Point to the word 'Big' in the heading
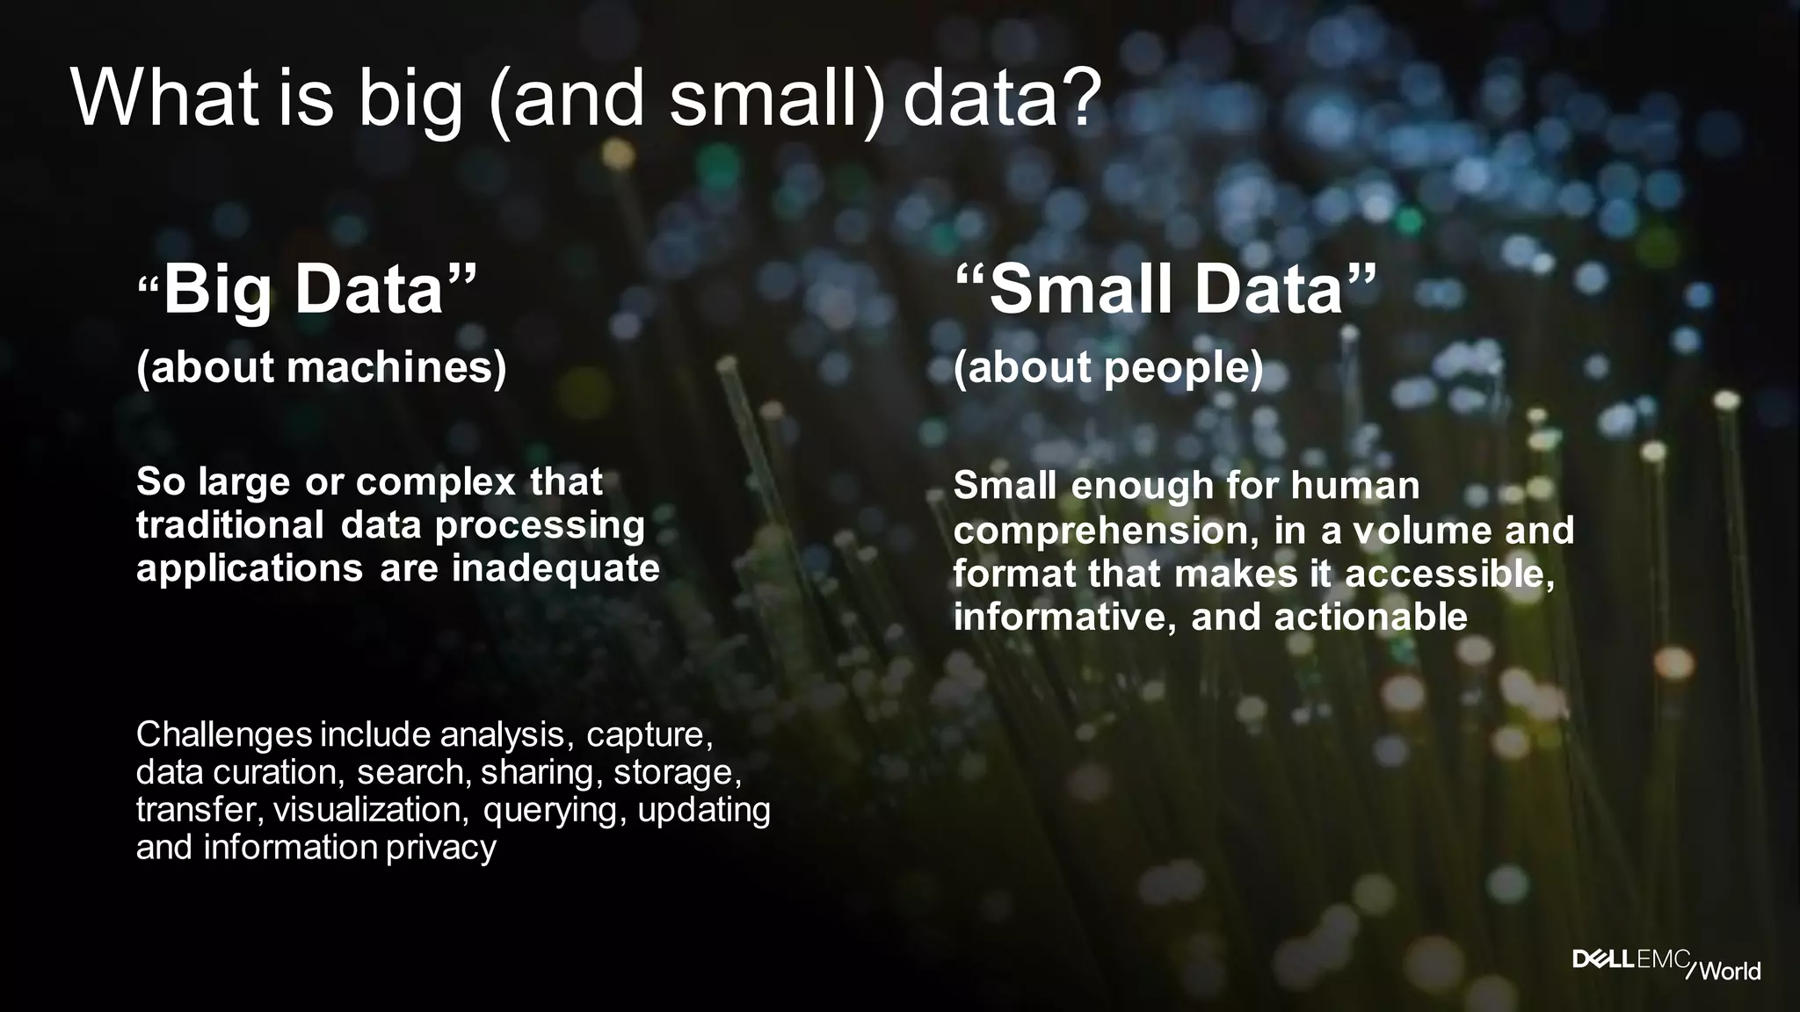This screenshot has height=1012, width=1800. [x=217, y=290]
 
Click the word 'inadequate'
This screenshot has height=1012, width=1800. [x=555, y=568]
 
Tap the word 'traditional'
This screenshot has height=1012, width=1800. [x=229, y=525]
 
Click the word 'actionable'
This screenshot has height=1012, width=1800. [x=1371, y=617]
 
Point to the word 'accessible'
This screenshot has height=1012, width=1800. [x=1447, y=574]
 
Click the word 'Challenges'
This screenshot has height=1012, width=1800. [x=224, y=734]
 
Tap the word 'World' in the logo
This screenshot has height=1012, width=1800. [x=1730, y=971]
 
